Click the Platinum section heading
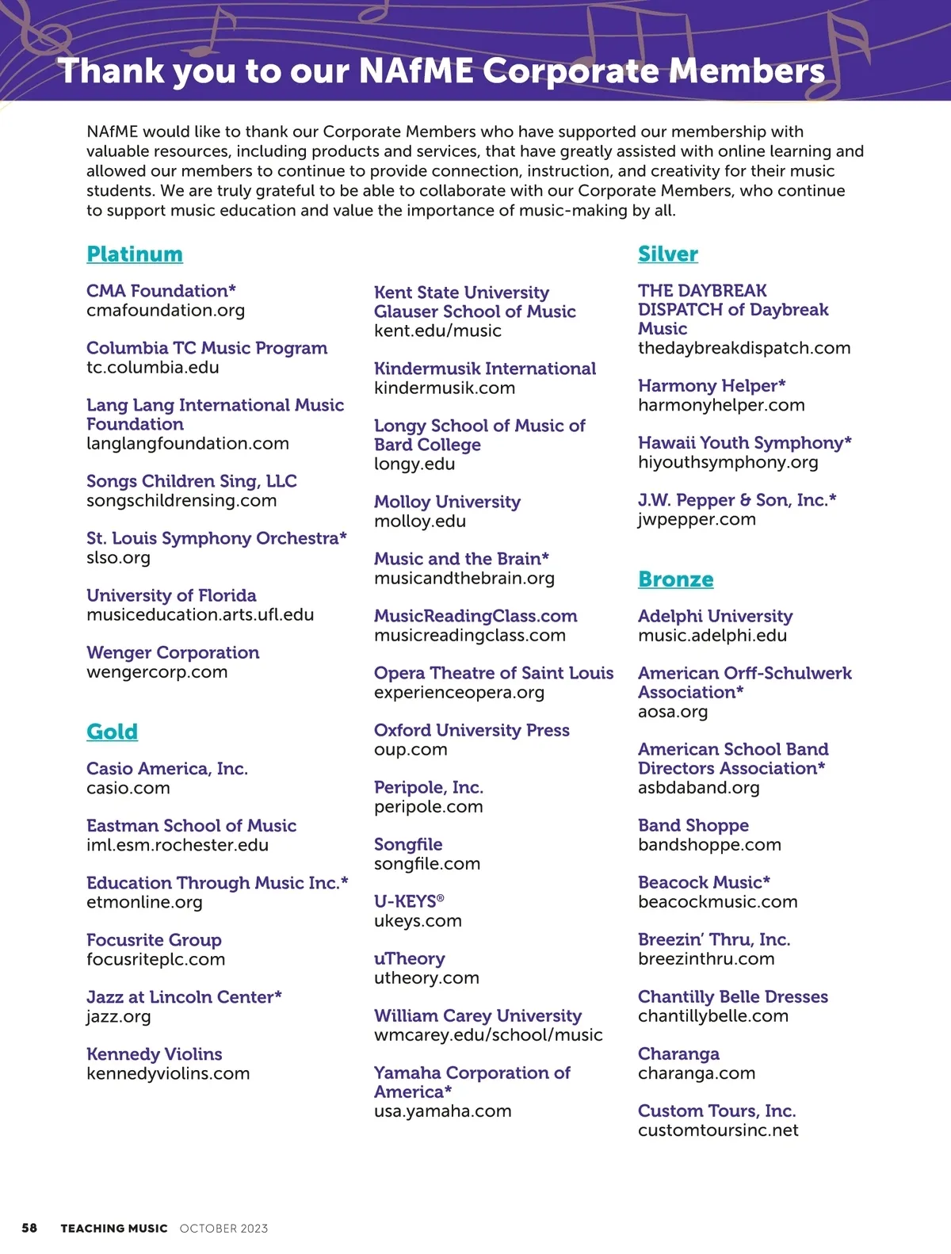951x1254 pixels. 135,254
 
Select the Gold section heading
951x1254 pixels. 112,732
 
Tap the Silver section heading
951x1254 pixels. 667,254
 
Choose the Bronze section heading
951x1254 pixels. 675,579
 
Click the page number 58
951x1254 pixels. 29,1228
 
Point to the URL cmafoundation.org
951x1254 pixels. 166,311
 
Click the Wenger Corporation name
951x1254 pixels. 173,652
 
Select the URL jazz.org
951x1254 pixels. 118,1016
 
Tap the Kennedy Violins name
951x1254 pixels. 155,1054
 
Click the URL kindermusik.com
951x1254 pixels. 445,388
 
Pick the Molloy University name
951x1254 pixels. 447,502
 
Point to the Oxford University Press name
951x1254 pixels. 472,730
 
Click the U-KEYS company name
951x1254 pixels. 409,901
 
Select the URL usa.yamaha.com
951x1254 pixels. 442,1111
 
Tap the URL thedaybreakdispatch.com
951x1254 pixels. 744,348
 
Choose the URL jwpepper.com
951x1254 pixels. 697,520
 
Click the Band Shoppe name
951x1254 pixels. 693,825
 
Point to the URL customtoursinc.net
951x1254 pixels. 718,1130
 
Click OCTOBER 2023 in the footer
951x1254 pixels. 223,1229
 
